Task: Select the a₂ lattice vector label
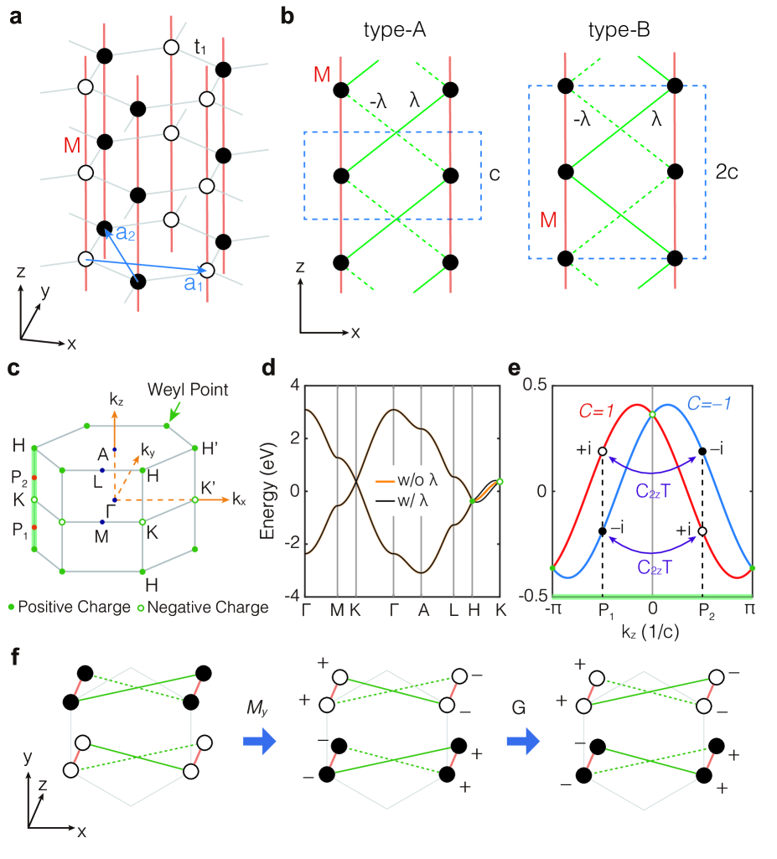pyautogui.click(x=126, y=235)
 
